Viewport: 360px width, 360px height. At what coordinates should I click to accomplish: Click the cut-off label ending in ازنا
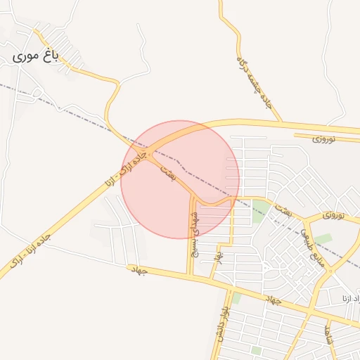coord(351,301)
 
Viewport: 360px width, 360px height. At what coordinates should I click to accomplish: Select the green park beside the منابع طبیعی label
coord(323,239)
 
